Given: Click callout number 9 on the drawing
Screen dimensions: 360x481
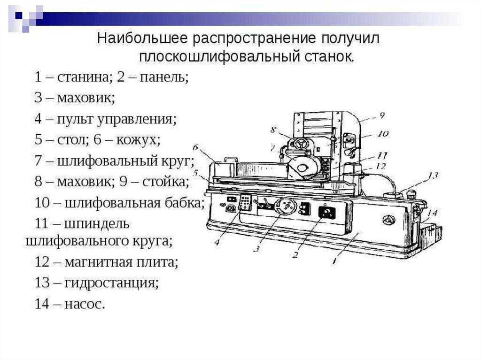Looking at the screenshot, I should pyautogui.click(x=381, y=114).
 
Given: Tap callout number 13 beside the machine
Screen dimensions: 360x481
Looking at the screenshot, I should pyautogui.click(x=432, y=176).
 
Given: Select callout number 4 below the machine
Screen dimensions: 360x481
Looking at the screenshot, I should pyautogui.click(x=217, y=242).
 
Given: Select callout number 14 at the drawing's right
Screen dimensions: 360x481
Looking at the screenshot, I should pyautogui.click(x=432, y=213).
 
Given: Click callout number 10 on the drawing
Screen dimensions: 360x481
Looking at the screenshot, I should pyautogui.click(x=383, y=134).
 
